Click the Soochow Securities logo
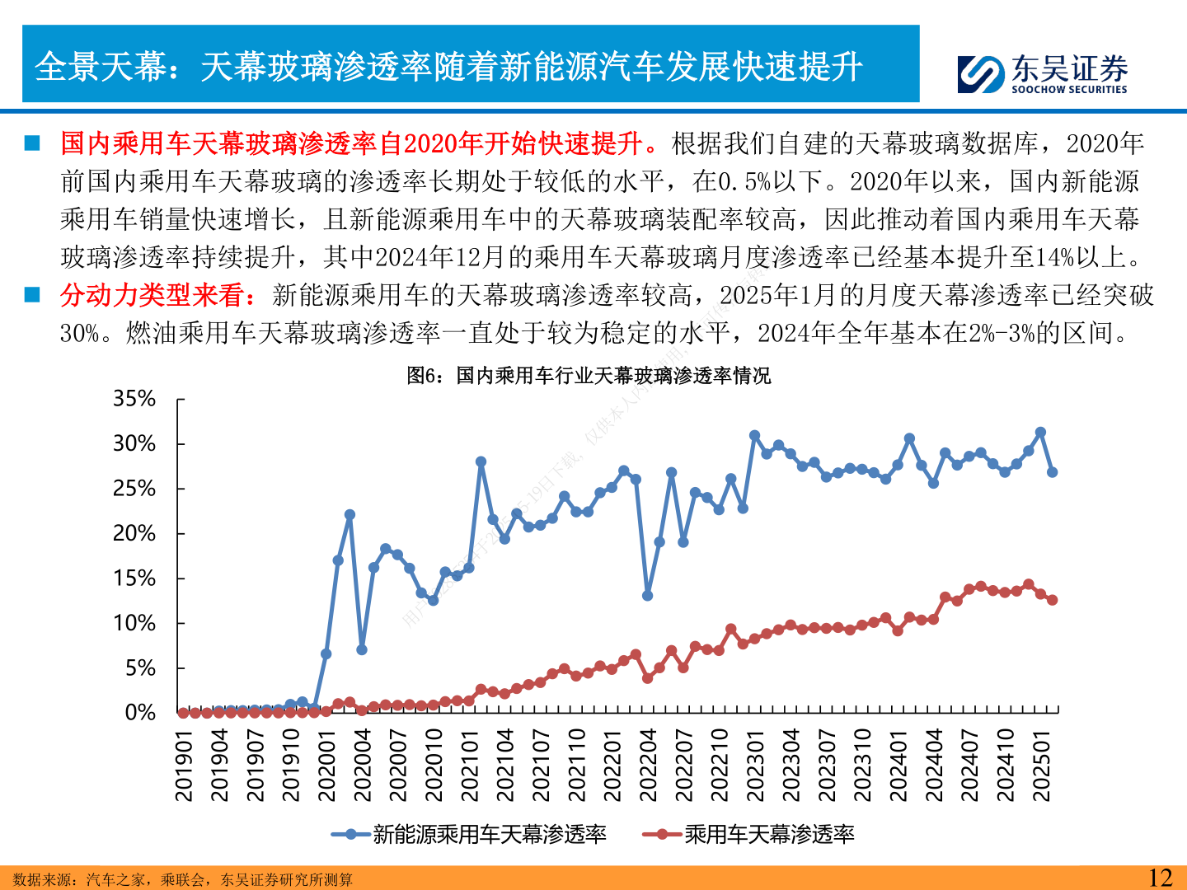point(1042,73)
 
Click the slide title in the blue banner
point(449,66)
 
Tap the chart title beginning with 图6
point(589,376)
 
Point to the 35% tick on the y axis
point(134,399)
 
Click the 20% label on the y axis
point(134,533)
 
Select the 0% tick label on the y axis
point(140,713)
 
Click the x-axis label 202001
point(326,765)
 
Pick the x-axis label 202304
point(791,765)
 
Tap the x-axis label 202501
point(1041,765)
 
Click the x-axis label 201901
point(184,765)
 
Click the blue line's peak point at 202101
point(481,462)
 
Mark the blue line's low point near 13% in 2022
point(648,595)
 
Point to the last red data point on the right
point(1052,600)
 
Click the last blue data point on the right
point(1052,472)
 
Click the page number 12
point(1160,878)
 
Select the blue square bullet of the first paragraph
point(32,143)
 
